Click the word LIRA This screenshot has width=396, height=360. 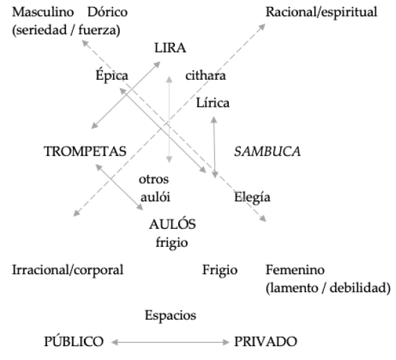point(170,48)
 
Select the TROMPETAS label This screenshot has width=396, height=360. point(85,151)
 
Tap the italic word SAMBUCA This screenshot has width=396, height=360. point(267,151)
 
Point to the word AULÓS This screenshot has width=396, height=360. point(173,224)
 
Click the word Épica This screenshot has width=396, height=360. point(112,75)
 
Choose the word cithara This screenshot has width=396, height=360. point(205,76)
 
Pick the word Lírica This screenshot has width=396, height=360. point(213,103)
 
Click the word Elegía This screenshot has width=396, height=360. point(252,197)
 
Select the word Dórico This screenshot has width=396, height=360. point(107,12)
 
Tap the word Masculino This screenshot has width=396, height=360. point(43,12)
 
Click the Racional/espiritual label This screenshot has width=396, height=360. point(321,12)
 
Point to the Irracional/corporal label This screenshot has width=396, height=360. point(68,270)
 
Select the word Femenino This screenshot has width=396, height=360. point(295,270)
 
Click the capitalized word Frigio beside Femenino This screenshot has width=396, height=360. point(220,271)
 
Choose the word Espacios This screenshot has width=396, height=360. point(171,316)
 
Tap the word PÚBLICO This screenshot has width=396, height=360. point(74,341)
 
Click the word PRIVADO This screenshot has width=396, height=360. point(266,341)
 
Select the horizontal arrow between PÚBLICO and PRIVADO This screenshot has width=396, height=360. point(170,343)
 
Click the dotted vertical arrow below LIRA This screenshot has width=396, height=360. point(169,119)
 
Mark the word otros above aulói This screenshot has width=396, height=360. point(153,180)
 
